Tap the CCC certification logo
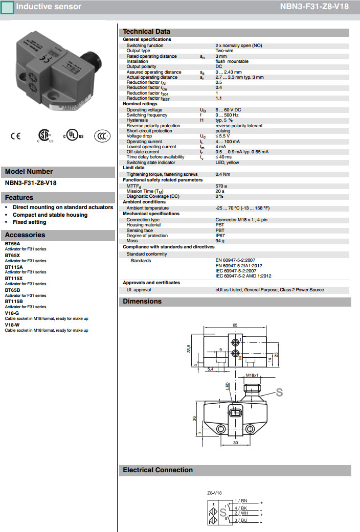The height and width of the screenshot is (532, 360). (x=102, y=136)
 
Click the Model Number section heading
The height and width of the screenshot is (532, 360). (x=29, y=172)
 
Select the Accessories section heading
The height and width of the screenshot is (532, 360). (x=25, y=235)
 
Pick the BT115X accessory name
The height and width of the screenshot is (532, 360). (x=14, y=279)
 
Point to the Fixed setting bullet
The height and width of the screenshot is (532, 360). (x=30, y=222)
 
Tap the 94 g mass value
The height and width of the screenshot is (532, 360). (x=220, y=241)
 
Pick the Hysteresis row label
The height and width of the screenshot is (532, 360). (x=137, y=120)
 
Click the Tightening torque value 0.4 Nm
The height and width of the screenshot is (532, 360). (x=222, y=174)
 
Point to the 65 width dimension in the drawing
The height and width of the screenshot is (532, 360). (x=235, y=325)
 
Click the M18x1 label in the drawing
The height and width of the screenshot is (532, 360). (x=251, y=376)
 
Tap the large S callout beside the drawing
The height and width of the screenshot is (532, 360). (x=279, y=392)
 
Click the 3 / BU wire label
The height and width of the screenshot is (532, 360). (x=240, y=520)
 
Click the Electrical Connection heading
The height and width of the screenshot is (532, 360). (x=158, y=470)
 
